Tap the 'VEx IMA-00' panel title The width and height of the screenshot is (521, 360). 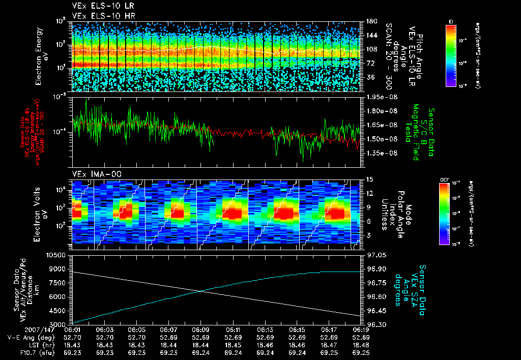coord(93,174)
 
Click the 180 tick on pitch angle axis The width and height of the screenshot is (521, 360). coord(370,21)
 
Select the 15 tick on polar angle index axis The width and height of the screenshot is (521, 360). coord(368,179)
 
